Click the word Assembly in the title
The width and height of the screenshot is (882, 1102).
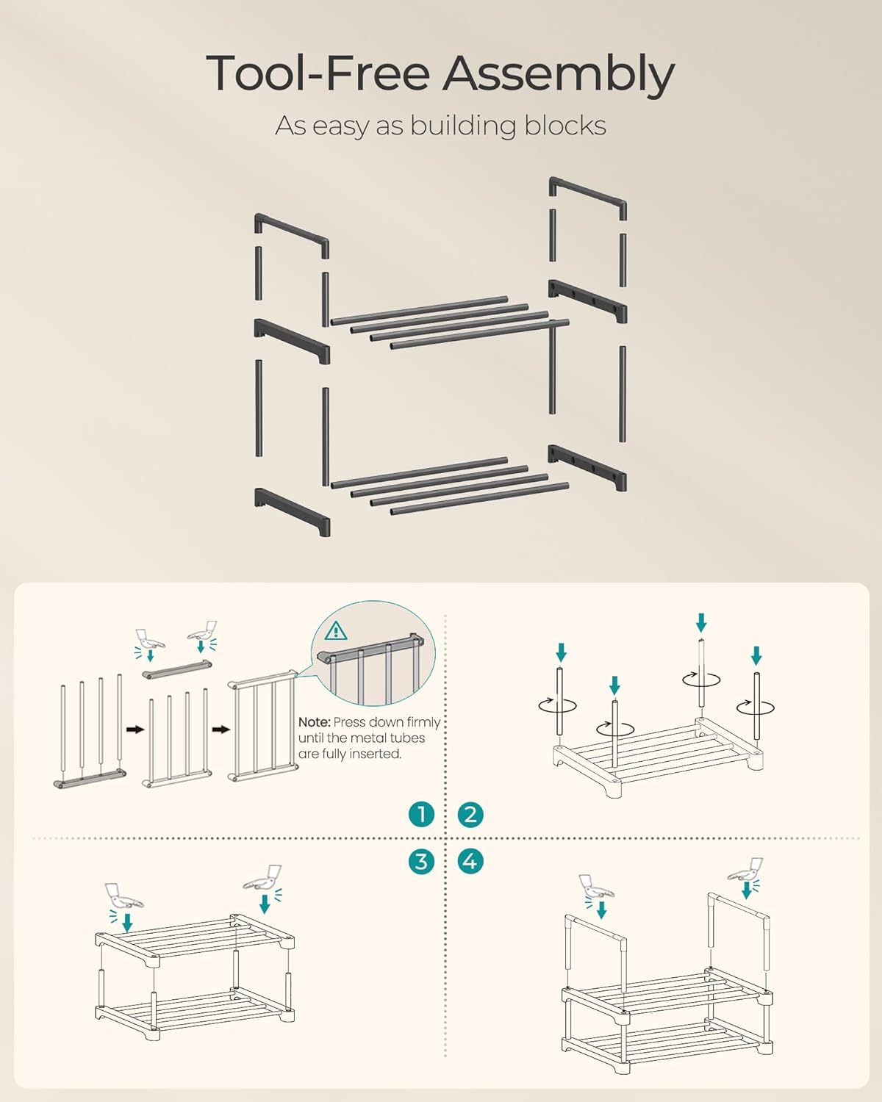click(x=559, y=75)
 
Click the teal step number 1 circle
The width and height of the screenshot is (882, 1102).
click(x=421, y=814)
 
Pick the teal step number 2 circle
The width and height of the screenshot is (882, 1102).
click(x=470, y=814)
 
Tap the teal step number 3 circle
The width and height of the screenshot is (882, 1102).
click(x=421, y=861)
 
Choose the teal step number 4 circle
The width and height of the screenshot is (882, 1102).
click(x=470, y=861)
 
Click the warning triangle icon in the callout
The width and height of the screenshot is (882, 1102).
click(x=336, y=631)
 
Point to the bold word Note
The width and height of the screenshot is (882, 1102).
click(x=314, y=722)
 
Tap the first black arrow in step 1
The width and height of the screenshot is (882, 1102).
click(x=135, y=730)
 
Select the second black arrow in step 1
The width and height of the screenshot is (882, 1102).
click(x=221, y=730)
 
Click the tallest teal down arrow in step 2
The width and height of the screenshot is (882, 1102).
click(x=701, y=623)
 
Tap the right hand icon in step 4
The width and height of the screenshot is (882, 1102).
click(x=746, y=870)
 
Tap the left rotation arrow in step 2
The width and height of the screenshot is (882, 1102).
click(x=558, y=706)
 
